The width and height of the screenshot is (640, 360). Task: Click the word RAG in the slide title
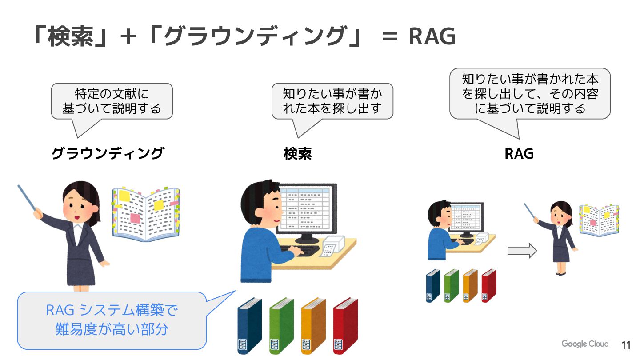[432, 36]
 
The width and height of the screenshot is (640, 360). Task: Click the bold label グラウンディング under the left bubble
[108, 154]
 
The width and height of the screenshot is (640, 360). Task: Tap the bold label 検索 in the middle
[297, 154]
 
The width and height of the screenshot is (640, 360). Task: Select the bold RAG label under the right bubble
[519, 154]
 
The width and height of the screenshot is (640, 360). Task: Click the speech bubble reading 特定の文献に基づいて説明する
[112, 101]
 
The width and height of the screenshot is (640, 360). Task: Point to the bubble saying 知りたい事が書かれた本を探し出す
[332, 101]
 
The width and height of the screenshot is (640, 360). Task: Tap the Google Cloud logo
[584, 344]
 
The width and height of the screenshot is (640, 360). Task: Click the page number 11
[626, 345]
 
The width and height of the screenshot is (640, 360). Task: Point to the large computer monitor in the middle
[306, 209]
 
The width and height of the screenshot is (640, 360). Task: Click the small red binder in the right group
[489, 285]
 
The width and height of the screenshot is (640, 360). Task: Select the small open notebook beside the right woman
[599, 220]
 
